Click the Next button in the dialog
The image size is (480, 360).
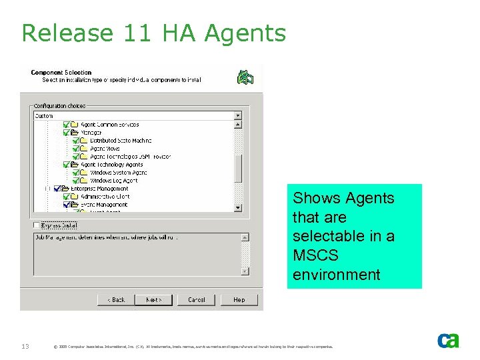(x=154, y=300)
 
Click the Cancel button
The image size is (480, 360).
(x=197, y=300)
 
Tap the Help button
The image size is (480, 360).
(x=239, y=300)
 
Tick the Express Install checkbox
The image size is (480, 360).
(x=37, y=225)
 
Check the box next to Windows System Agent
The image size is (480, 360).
(x=75, y=173)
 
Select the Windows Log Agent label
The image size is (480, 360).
(x=114, y=181)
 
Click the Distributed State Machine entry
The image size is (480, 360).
(x=121, y=141)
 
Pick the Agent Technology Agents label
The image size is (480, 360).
(x=111, y=165)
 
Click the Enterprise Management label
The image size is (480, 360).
(x=99, y=189)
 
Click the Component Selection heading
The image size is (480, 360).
(x=61, y=73)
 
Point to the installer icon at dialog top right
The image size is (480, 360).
(x=246, y=77)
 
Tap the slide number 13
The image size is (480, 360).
(x=24, y=345)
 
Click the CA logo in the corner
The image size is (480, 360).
(x=448, y=341)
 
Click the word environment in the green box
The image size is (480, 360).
(x=337, y=274)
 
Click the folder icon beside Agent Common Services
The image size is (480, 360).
(x=74, y=125)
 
